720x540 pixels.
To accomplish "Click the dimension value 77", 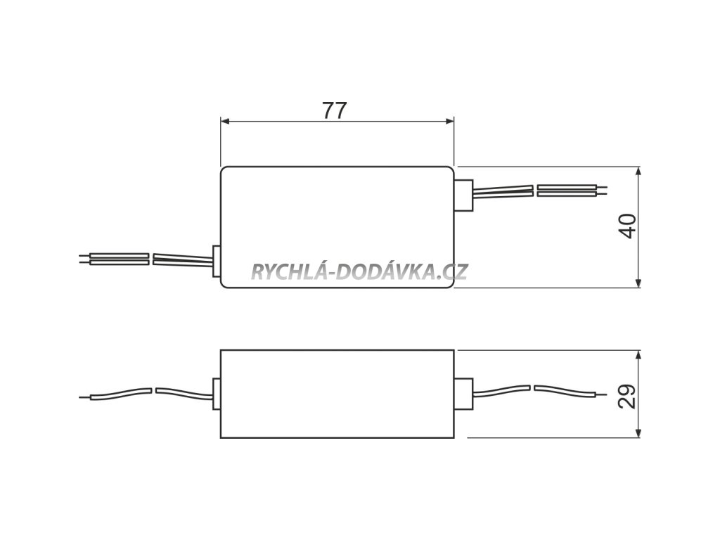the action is pyautogui.click(x=335, y=110).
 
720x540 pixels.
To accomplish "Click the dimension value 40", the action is pyautogui.click(x=627, y=226).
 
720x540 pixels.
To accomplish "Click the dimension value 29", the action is pyautogui.click(x=628, y=395).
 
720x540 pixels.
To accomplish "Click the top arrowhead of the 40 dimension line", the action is pyautogui.click(x=638, y=171).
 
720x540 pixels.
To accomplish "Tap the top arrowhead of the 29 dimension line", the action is pyautogui.click(x=638, y=354).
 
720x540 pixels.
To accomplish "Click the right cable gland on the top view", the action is pyautogui.click(x=463, y=196).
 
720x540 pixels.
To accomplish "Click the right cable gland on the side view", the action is pyautogui.click(x=463, y=393).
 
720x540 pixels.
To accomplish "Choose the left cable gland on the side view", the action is pyautogui.click(x=216, y=392).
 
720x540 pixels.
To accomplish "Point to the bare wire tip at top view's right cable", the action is pyautogui.click(x=602, y=190).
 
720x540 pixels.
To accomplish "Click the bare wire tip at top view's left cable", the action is pyautogui.click(x=86, y=259).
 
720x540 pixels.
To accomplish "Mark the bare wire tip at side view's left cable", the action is pyautogui.click(x=85, y=397).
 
